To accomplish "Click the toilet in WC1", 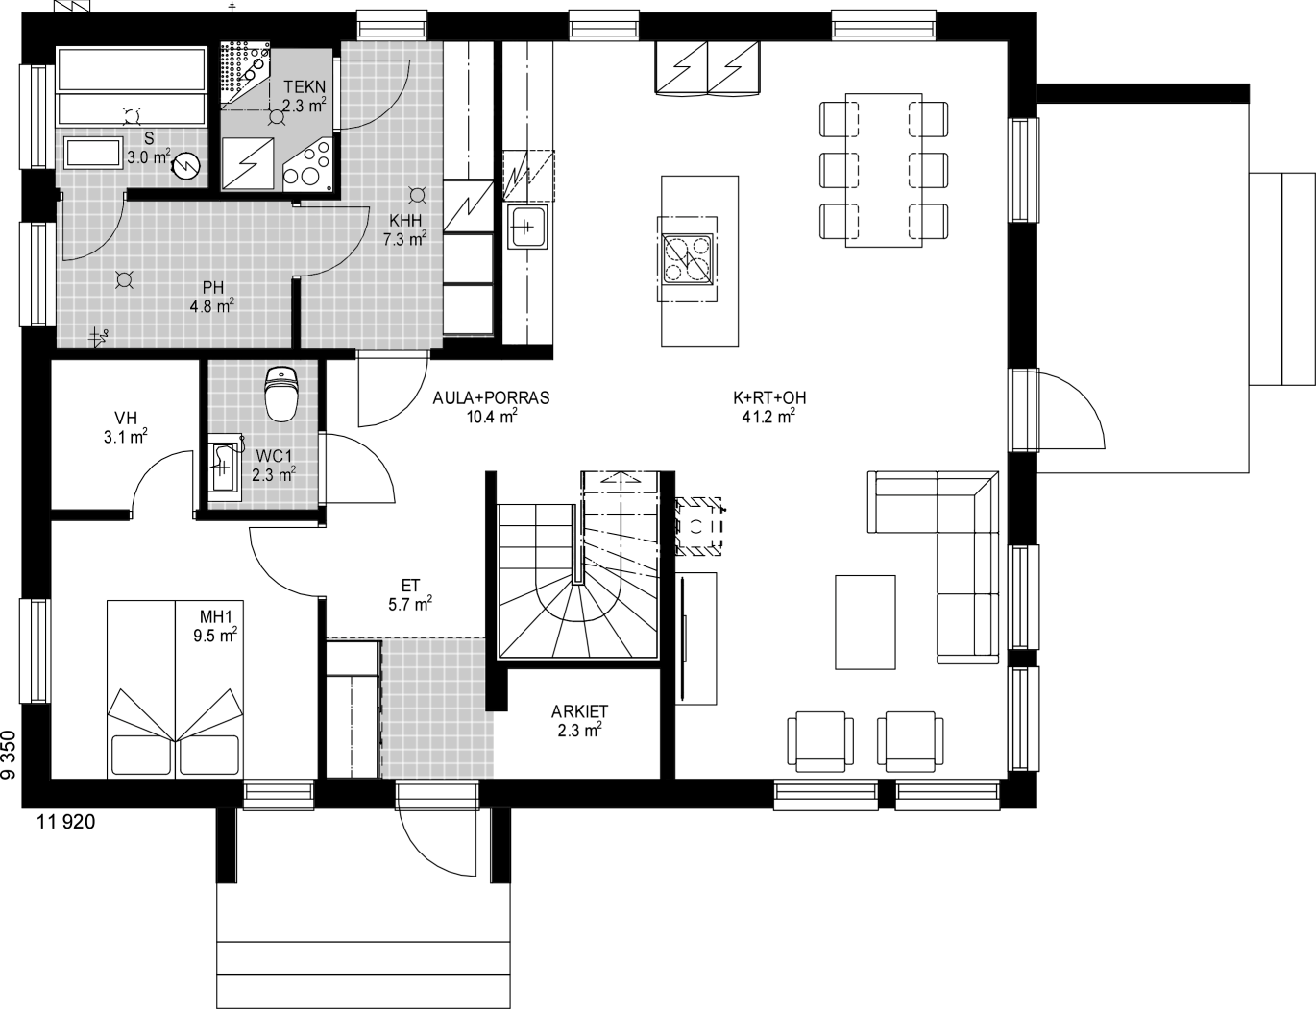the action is click(x=281, y=394).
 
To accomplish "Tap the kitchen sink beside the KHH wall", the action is click(x=527, y=227).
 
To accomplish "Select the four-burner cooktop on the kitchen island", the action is click(x=688, y=259).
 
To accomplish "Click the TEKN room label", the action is click(x=305, y=87).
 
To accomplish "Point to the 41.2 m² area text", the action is click(x=768, y=417).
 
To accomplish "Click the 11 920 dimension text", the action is click(x=66, y=822).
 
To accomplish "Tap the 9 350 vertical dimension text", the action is click(x=8, y=755).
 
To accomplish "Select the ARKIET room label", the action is click(x=579, y=711).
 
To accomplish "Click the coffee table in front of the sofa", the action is click(x=865, y=622).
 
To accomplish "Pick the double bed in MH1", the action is click(x=175, y=688).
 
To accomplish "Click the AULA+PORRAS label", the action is click(x=491, y=397).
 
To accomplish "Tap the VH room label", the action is click(x=126, y=418).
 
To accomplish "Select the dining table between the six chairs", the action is click(x=884, y=170).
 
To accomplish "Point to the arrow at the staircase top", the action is click(x=621, y=478).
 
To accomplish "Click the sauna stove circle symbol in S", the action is click(x=186, y=166).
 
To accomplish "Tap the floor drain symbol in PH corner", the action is click(x=99, y=337).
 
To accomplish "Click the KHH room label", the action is click(x=405, y=220).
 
